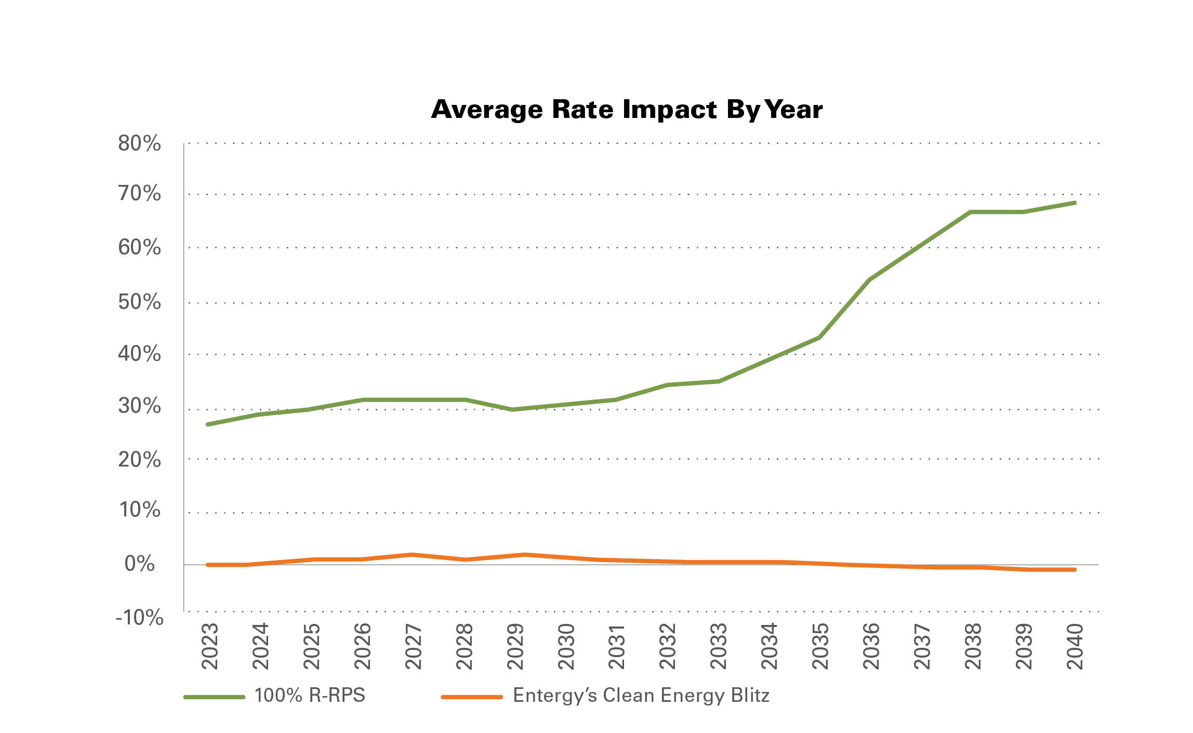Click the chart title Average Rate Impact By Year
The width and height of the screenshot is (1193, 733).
pyautogui.click(x=627, y=110)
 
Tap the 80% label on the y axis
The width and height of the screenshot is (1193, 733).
pyautogui.click(x=139, y=143)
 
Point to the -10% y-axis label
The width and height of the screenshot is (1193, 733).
pyautogui.click(x=139, y=618)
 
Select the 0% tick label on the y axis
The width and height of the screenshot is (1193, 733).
pyautogui.click(x=139, y=564)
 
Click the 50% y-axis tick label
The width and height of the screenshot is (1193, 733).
pyautogui.click(x=139, y=302)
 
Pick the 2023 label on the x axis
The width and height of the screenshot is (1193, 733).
pyautogui.click(x=210, y=646)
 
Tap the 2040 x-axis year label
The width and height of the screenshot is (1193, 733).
pyautogui.click(x=1075, y=646)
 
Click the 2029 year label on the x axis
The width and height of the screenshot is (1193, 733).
pyautogui.click(x=515, y=646)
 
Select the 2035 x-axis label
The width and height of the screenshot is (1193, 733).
pyautogui.click(x=820, y=646)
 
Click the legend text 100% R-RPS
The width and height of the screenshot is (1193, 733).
pyautogui.click(x=310, y=696)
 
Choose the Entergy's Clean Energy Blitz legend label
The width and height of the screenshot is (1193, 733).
pyautogui.click(x=641, y=696)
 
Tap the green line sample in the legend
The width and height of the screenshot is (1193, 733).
pyautogui.click(x=214, y=697)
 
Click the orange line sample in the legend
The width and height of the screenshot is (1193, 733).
pyautogui.click(x=472, y=697)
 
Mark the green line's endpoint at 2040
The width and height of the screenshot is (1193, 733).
pyautogui.click(x=1075, y=203)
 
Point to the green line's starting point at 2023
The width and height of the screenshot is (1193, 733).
pyautogui.click(x=208, y=424)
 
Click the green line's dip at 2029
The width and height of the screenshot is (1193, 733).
pyautogui.click(x=513, y=409)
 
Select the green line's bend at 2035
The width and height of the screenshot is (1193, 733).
pyautogui.click(x=819, y=338)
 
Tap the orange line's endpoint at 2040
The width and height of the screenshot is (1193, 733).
pyautogui.click(x=1075, y=570)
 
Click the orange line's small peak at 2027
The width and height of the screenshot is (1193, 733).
pyautogui.click(x=412, y=554)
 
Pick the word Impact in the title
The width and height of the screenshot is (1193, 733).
pyautogui.click(x=670, y=110)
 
